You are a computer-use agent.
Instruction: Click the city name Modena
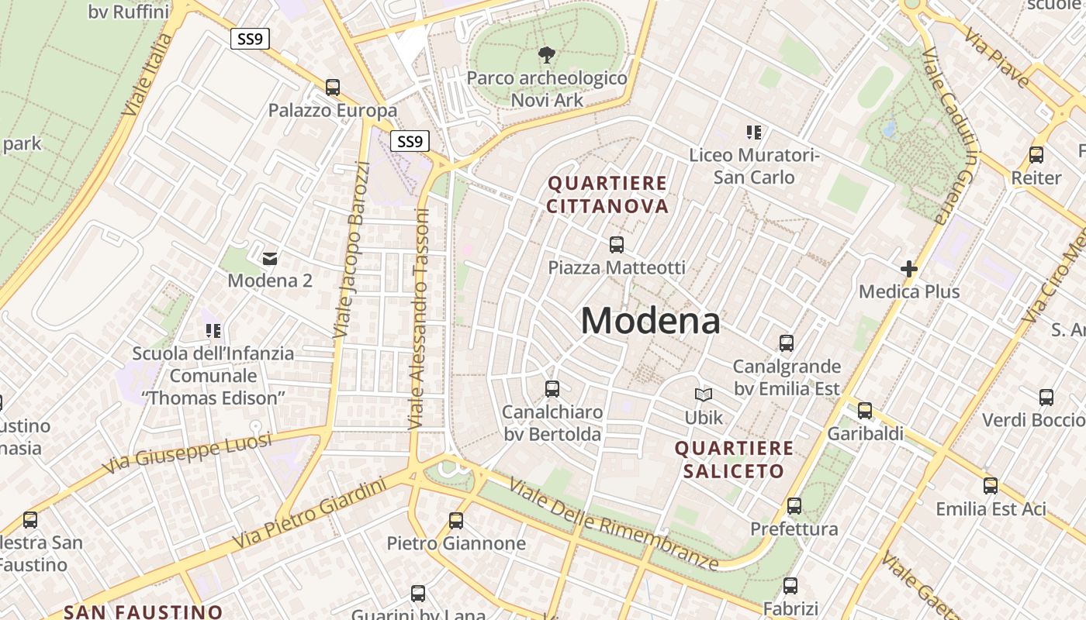(x=650, y=320)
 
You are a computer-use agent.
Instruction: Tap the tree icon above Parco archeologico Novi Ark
(x=547, y=55)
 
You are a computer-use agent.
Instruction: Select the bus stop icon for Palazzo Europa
(x=333, y=88)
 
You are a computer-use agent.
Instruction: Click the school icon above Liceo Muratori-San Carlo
(x=754, y=133)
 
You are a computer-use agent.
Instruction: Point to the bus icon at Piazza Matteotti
(x=617, y=245)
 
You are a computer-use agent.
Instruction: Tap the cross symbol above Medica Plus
(x=909, y=269)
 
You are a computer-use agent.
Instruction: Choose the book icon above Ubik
(x=704, y=395)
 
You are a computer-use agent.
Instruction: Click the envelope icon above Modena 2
(x=270, y=258)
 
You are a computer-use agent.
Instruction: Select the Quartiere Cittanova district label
(x=607, y=195)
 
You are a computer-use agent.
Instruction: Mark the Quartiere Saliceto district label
(x=734, y=459)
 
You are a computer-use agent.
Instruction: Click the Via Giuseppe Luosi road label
(x=187, y=453)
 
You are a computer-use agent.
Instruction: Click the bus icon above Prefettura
(x=794, y=506)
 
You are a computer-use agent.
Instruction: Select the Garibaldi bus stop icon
(x=865, y=411)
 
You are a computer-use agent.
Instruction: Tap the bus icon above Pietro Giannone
(x=456, y=521)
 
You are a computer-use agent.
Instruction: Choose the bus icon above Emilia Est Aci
(x=991, y=486)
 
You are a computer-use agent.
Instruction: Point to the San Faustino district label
(x=144, y=611)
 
